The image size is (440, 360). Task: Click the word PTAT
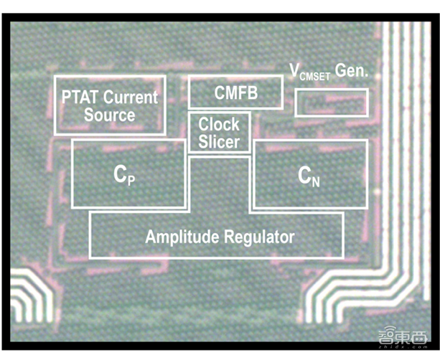point(80,97)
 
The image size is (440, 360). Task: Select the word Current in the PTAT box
point(131,97)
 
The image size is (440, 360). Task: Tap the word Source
point(109,115)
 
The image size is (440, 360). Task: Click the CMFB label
point(236,93)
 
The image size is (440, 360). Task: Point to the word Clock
point(219,124)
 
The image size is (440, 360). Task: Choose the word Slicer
point(219,141)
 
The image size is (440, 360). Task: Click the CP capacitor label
point(124,175)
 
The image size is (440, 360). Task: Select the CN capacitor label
point(309,176)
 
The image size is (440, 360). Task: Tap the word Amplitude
point(182,237)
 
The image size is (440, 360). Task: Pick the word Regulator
point(259,237)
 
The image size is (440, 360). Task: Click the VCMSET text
point(310,72)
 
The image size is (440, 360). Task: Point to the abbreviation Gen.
point(352,70)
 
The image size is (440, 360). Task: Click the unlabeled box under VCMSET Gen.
point(332,103)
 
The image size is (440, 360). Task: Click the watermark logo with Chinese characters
point(403,336)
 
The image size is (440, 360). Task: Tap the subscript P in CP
point(131,180)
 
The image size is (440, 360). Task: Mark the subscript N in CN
point(316,181)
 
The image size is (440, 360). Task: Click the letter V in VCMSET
point(294,70)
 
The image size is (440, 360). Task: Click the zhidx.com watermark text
point(403,347)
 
